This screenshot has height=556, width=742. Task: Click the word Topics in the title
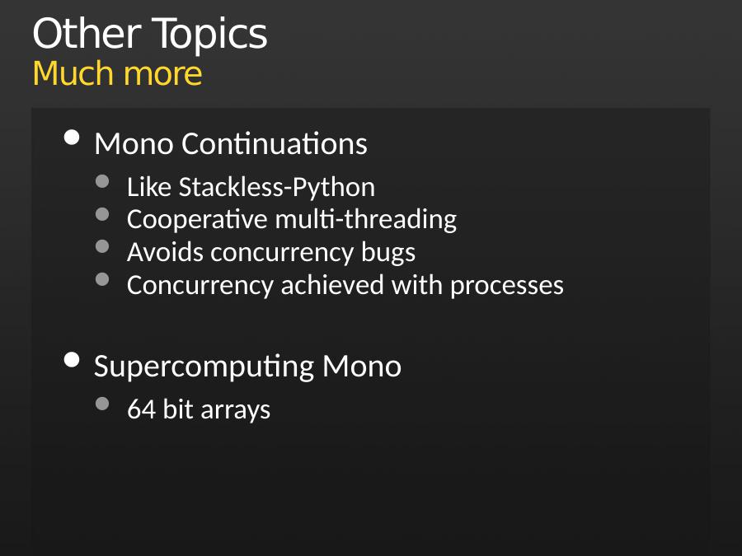pos(209,35)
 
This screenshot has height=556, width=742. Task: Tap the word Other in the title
pos(87,33)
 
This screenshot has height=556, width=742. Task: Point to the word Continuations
pos(275,143)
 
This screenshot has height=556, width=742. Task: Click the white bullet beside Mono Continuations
pos(72,138)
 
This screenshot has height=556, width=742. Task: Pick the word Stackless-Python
pos(277,188)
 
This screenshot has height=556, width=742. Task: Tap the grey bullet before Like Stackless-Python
pos(102,181)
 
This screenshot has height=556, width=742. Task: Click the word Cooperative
pos(197,220)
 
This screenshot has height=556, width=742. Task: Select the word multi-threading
pos(366,220)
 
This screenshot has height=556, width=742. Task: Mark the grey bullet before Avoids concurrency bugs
pos(102,246)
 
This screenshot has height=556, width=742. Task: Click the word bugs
pos(388,253)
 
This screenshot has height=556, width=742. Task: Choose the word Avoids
pos(166,252)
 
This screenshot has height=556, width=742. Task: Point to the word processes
pos(507,286)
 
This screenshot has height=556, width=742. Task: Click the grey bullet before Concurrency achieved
pos(102,279)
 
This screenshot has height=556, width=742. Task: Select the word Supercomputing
pos(204,367)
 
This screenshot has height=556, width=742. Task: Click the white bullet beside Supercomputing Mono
pos(72,360)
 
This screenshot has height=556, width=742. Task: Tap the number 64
pos(142,409)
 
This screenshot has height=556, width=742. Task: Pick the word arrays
pos(235,411)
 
